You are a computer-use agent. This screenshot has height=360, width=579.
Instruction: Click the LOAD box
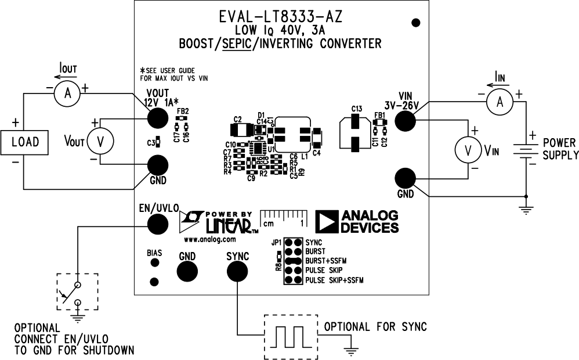click(25, 142)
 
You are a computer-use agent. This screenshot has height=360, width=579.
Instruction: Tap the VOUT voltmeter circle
click(99, 141)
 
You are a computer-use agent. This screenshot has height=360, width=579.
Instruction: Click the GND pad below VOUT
click(157, 165)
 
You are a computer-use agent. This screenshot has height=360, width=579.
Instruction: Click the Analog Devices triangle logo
click(327, 222)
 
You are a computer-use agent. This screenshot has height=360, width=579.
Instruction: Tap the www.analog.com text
click(209, 239)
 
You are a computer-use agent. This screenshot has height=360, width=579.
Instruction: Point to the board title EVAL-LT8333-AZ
click(280, 17)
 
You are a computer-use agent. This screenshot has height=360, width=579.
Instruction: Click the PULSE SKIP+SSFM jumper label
click(335, 280)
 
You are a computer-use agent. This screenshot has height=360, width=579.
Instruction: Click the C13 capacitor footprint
click(356, 133)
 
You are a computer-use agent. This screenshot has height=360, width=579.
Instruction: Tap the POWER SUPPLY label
click(560, 149)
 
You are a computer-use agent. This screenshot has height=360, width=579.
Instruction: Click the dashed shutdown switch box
click(77, 292)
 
